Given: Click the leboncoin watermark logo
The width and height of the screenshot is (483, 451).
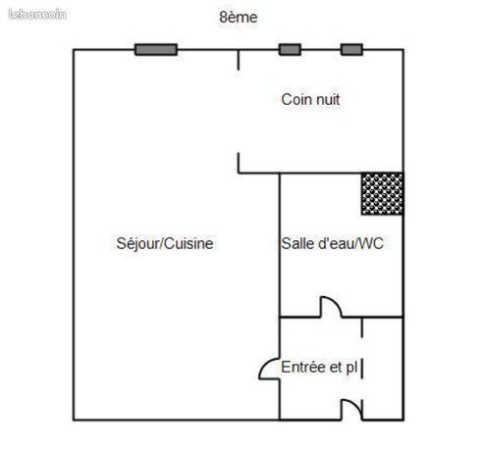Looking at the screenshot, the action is [x=37, y=15].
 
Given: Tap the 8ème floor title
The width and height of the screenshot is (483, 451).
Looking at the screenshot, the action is [x=239, y=17].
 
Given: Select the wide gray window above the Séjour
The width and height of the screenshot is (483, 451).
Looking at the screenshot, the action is [x=156, y=50].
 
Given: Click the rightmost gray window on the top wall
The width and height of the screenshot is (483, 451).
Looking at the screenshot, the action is [x=351, y=50].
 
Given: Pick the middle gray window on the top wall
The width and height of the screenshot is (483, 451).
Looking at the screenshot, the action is [x=290, y=50].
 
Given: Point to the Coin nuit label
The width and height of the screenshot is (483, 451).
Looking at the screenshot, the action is [x=310, y=99].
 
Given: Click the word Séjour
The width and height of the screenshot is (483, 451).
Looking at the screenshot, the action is [x=137, y=243].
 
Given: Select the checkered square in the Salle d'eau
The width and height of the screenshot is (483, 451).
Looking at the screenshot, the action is [x=382, y=194].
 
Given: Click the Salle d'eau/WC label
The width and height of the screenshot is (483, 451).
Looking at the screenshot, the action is [x=332, y=243].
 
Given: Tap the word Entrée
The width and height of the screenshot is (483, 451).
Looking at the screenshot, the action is [x=303, y=367].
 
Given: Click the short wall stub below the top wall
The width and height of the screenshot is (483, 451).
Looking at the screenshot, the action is [x=239, y=60].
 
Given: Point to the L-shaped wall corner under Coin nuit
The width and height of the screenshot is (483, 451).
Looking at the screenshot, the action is [x=239, y=172].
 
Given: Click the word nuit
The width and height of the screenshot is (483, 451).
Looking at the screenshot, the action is [x=326, y=99].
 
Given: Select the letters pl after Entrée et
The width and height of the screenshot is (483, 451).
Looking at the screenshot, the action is [x=351, y=368].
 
